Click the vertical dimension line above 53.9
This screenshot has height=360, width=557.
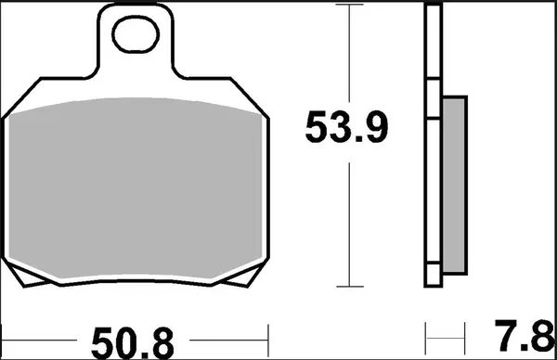click(348, 56)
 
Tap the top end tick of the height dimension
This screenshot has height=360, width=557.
click(348, 6)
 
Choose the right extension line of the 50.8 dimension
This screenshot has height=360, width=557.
click(268, 332)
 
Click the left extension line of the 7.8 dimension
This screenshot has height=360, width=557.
click(424, 332)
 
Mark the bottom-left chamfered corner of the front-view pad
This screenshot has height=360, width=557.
click(20, 273)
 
